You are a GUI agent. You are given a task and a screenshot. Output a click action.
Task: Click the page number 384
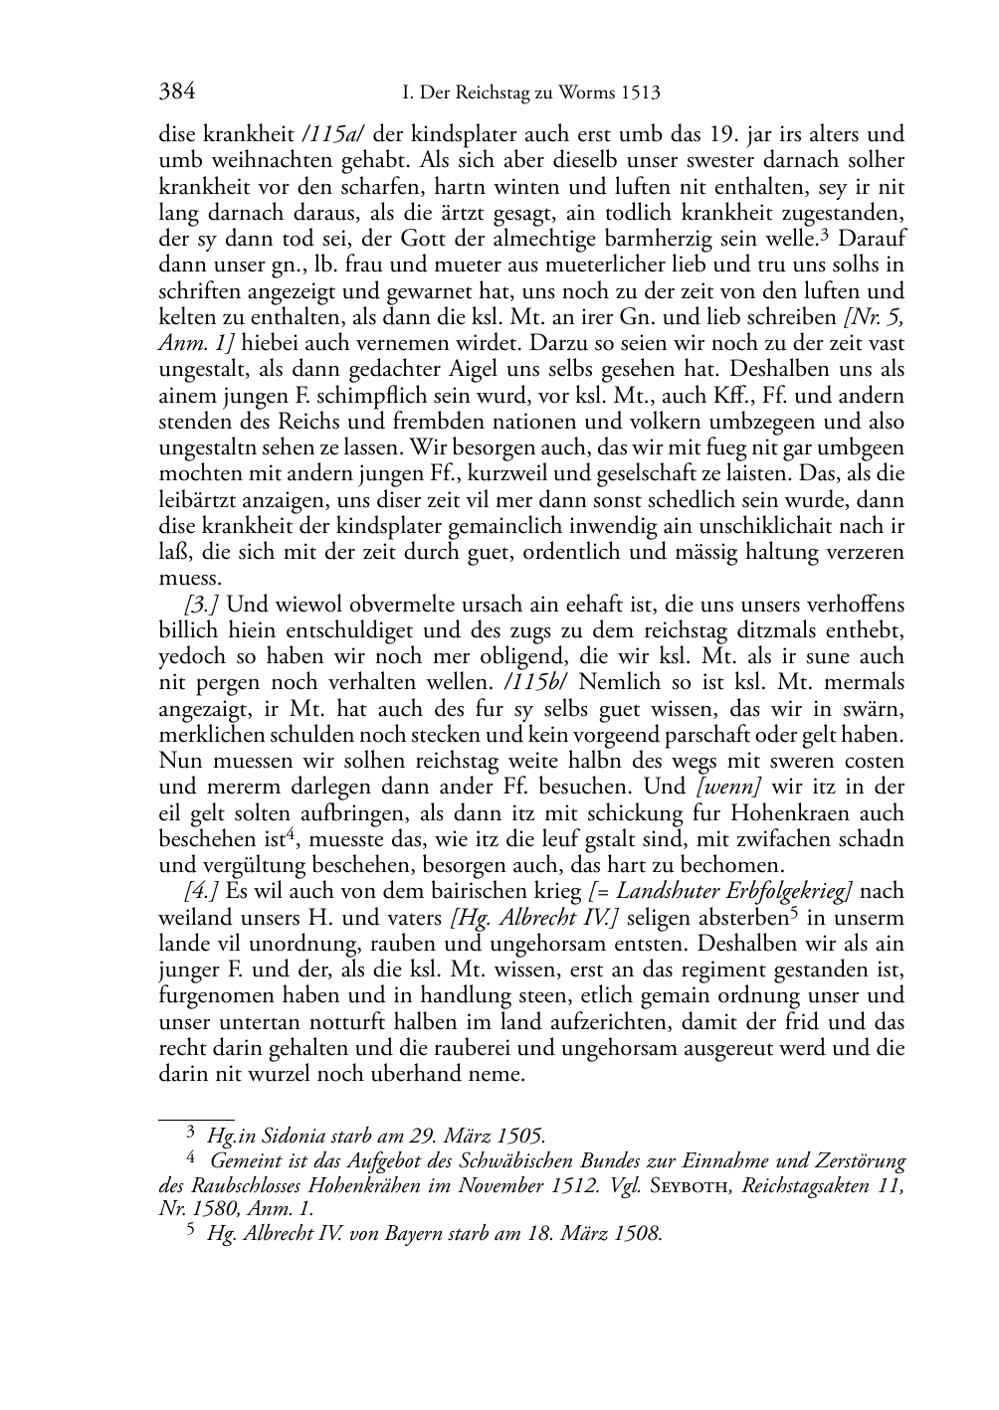[x=176, y=93]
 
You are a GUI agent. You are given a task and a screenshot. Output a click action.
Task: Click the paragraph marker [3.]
[x=202, y=605]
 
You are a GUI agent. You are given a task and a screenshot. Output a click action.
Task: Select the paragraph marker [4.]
[x=202, y=891]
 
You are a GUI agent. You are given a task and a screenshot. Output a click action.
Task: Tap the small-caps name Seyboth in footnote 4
[x=691, y=1185]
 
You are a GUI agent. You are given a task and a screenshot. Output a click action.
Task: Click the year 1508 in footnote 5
[x=637, y=1234]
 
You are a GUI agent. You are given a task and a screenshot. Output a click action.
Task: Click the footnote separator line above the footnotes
[x=196, y=1120]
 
